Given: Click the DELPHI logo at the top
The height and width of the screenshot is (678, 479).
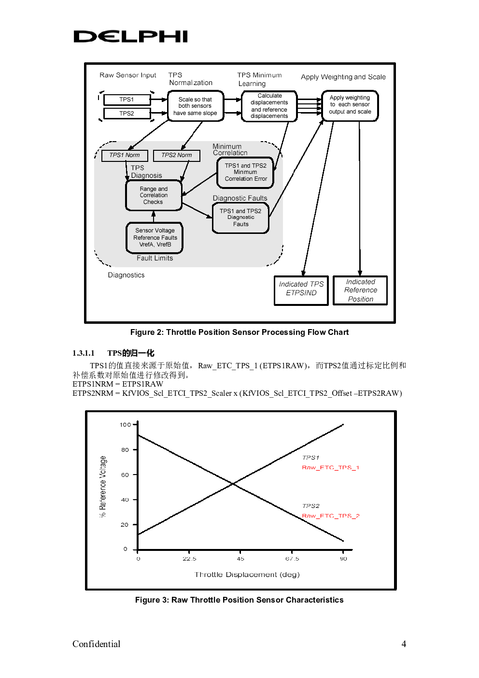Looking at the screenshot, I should point(130,36).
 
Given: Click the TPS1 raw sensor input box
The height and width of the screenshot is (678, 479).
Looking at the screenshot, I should point(127,100).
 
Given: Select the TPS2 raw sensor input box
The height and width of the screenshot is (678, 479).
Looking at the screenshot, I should point(127,114).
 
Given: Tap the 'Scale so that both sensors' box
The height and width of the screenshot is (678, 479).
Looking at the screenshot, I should point(195,106).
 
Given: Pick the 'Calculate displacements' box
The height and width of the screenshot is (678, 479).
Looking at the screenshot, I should point(269,106).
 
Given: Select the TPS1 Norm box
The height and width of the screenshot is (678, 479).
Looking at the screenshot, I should point(124,155).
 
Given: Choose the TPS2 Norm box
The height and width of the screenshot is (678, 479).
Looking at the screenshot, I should point(176,155).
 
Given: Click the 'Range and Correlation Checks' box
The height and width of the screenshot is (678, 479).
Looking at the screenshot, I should point(154,195).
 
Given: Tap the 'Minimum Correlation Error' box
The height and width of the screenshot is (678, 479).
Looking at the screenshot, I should point(245,172).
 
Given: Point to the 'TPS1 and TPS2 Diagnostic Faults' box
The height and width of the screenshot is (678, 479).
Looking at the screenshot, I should point(240,217).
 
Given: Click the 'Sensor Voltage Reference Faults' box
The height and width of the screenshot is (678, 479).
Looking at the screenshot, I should point(155,237).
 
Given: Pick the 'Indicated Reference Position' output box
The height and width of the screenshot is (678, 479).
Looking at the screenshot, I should point(360,290).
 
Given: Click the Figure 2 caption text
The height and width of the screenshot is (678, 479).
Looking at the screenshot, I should point(239,332).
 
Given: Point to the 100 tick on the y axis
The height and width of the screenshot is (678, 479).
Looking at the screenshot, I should point(126,425).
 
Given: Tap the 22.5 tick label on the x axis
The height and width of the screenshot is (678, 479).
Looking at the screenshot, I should point(189,559).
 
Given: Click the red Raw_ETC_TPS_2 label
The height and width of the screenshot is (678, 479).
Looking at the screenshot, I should point(331,516).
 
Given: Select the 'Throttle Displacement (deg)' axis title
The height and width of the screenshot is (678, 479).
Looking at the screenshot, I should point(247,575).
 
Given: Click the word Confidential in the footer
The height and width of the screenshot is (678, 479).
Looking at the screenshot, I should point(96,644).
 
